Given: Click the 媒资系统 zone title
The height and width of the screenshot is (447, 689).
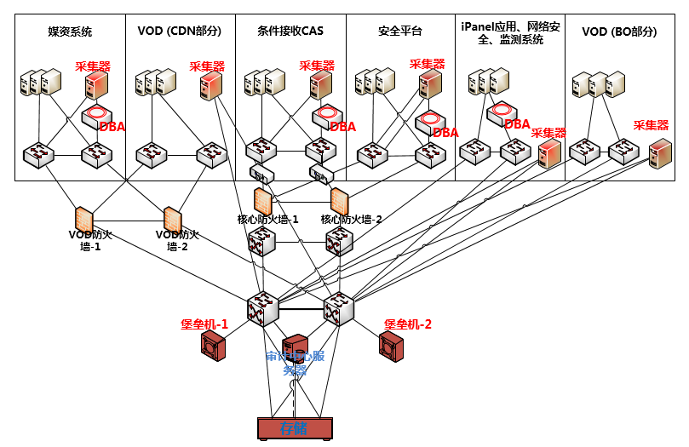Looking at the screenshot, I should pyautogui.click(x=70, y=32).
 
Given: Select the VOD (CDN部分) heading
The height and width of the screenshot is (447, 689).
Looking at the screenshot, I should pyautogui.click(x=179, y=32).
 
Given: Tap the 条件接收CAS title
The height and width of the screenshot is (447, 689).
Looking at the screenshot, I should pyautogui.click(x=290, y=32).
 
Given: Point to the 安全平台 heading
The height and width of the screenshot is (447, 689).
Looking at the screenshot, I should pyautogui.click(x=400, y=32).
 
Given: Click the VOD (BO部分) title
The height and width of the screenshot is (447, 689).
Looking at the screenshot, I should pyautogui.click(x=620, y=32).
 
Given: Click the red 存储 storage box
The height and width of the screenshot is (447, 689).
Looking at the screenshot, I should pyautogui.click(x=295, y=428).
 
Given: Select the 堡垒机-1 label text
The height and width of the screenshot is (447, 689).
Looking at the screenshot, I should pyautogui.click(x=204, y=324).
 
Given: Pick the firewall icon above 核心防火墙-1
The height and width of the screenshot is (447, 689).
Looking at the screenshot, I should pyautogui.click(x=262, y=201).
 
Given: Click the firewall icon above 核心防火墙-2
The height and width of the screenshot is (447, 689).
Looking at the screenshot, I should pyautogui.click(x=340, y=201).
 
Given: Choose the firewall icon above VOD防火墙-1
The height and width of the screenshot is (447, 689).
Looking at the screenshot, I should pyautogui.click(x=83, y=218).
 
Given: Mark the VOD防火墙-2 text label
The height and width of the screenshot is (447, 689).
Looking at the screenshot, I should pyautogui.click(x=177, y=240).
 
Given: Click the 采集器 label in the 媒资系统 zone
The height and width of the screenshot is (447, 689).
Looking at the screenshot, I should pyautogui.click(x=93, y=66).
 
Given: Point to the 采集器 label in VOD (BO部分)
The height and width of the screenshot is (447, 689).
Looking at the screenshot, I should pyautogui.click(x=651, y=125).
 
